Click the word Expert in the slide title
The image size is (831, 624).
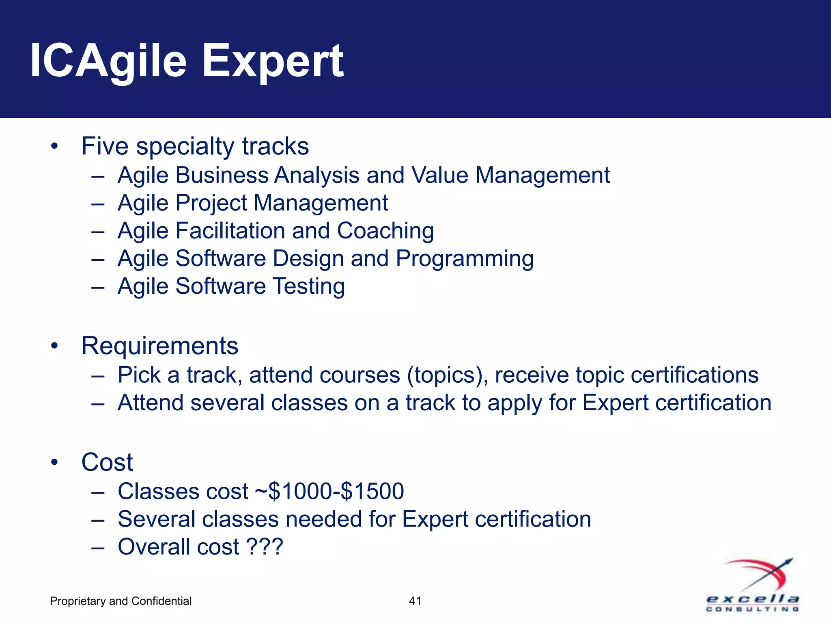273,62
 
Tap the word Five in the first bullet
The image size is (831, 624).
105,146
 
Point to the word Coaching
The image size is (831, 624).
385,231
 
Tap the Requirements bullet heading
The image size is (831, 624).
159,346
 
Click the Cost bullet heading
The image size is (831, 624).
107,462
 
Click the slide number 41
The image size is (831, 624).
415,601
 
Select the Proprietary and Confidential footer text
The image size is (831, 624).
121,601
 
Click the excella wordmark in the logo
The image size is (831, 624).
752,599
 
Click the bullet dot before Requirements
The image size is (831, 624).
55,346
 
